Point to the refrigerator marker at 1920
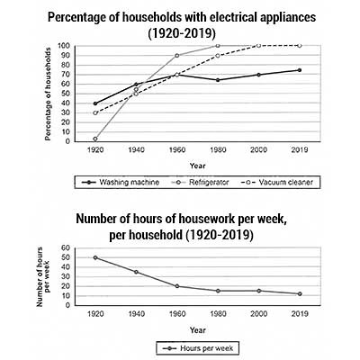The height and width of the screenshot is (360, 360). pyautogui.click(x=95, y=139)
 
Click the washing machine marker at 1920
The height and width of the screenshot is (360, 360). pyautogui.click(x=95, y=103)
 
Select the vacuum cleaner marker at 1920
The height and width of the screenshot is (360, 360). pyautogui.click(x=95, y=112)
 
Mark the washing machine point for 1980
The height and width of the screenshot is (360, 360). pyautogui.click(x=217, y=80)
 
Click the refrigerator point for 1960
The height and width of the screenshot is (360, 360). pyautogui.click(x=176, y=56)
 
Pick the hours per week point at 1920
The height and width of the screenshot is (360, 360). pyautogui.click(x=94, y=257)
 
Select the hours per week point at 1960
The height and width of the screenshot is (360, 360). pyautogui.click(x=175, y=286)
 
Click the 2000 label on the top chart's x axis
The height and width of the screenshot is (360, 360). pyautogui.click(x=257, y=150)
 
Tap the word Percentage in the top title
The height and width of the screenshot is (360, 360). pyautogui.click(x=126, y=17)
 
